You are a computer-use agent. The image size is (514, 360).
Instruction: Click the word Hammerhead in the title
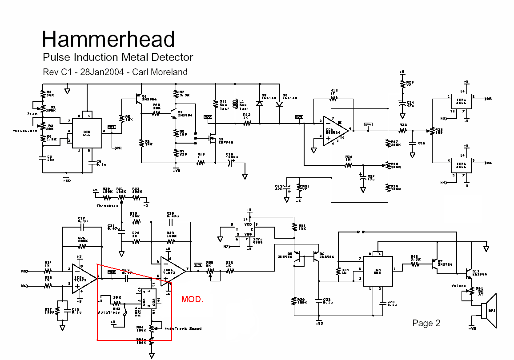(108, 39)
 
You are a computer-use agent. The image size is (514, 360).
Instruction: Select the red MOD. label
(192, 300)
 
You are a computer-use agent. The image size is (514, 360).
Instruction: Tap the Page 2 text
(426, 323)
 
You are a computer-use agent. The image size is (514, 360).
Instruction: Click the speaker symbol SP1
(488, 310)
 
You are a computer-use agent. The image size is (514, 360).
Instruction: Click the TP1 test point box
(111, 127)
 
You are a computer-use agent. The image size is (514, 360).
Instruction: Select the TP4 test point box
(368, 125)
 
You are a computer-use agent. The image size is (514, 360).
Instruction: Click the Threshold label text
(107, 206)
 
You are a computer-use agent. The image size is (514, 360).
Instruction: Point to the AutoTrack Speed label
(183, 328)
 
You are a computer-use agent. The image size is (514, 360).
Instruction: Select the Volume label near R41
(458, 286)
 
